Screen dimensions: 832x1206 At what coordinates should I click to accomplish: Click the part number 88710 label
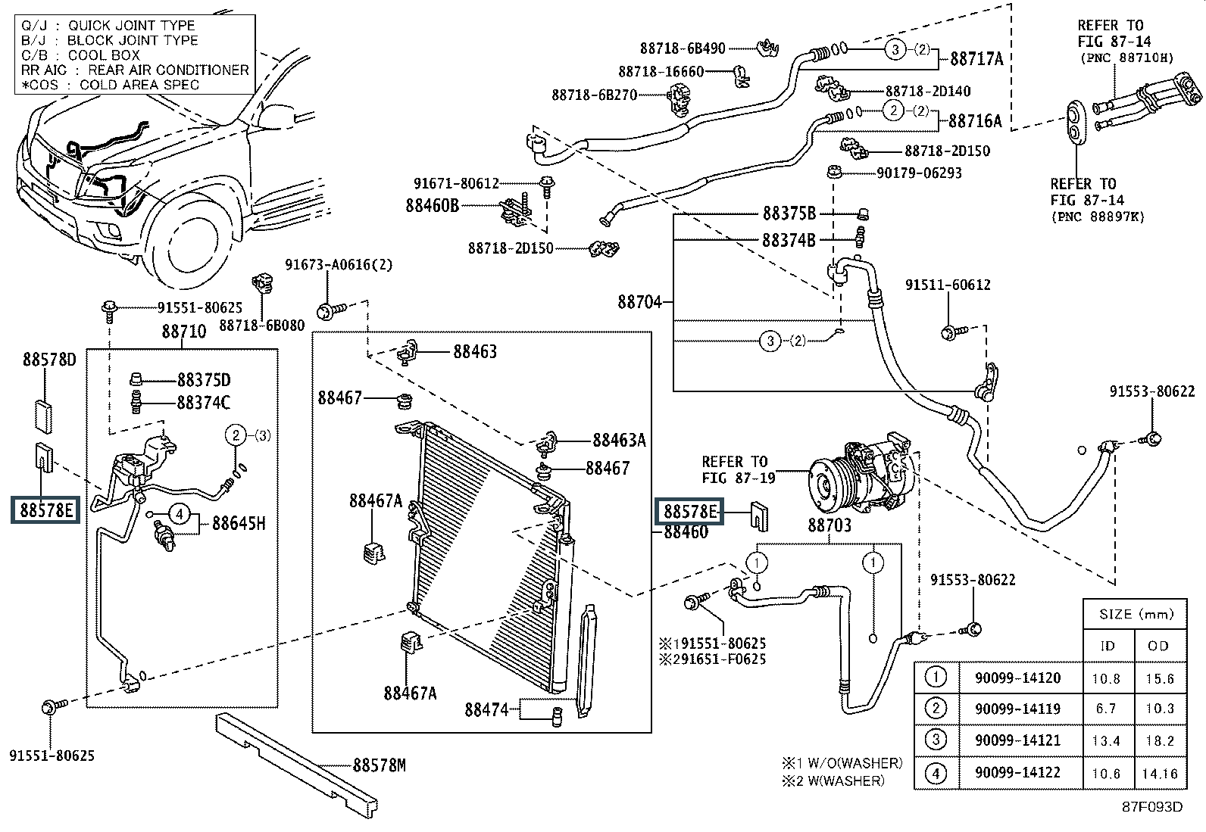point(183,331)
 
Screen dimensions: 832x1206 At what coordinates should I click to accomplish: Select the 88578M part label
point(379,765)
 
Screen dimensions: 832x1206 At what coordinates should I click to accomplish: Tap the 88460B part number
point(433,205)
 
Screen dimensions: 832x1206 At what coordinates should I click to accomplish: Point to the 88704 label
point(639,302)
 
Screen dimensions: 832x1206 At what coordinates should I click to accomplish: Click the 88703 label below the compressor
point(830,525)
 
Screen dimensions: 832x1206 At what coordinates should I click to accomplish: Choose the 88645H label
point(239,522)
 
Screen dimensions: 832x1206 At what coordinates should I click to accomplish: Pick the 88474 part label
point(486,709)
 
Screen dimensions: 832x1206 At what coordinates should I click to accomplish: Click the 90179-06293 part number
point(919,173)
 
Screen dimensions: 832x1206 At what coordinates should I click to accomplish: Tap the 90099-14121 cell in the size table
point(1017,740)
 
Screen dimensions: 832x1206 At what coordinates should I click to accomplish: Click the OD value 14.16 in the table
point(1159,773)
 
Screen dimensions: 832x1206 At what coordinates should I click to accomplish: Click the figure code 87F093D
point(1152,806)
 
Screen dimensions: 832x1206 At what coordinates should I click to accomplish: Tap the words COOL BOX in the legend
point(103,55)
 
